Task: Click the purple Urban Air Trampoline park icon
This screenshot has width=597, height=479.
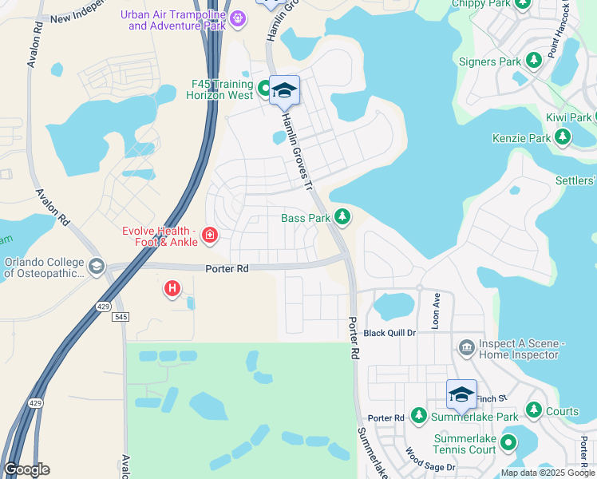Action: pos(237,18)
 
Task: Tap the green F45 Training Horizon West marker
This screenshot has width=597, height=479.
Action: pos(266,87)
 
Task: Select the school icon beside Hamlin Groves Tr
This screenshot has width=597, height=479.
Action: pos(284,91)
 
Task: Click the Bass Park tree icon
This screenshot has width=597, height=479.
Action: pos(342,216)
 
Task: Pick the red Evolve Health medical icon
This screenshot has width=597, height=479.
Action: pos(209,234)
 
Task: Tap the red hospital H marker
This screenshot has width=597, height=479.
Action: pos(172,288)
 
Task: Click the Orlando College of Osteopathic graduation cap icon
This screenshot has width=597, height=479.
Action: pos(97,266)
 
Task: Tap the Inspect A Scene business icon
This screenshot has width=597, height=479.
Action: pos(467,347)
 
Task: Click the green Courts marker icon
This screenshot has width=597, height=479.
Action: pos(533,412)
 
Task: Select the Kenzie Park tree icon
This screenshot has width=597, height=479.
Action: pos(563,138)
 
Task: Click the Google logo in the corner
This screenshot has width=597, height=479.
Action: pos(26,469)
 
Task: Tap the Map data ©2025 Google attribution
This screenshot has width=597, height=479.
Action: pos(547,473)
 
